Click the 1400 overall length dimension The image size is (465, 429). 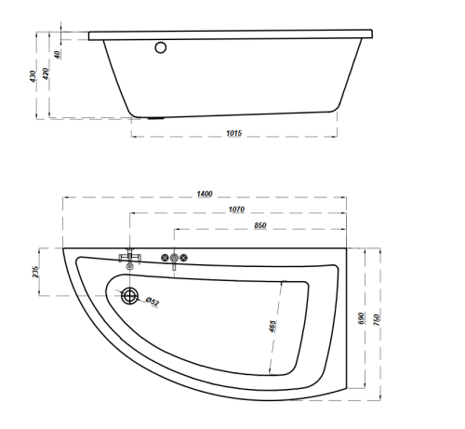pos(205,194)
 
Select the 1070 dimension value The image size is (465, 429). pos(236,209)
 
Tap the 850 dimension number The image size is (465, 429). pos(260,225)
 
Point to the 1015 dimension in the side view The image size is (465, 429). pos(233,133)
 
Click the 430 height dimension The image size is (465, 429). pos(33,76)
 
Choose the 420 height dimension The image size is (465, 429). pos(46,74)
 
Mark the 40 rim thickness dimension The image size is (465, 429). pos(57,55)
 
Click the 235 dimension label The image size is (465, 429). pos(35,272)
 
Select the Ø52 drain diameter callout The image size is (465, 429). pos(153,302)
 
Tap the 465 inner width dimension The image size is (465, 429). pos(272,327)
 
